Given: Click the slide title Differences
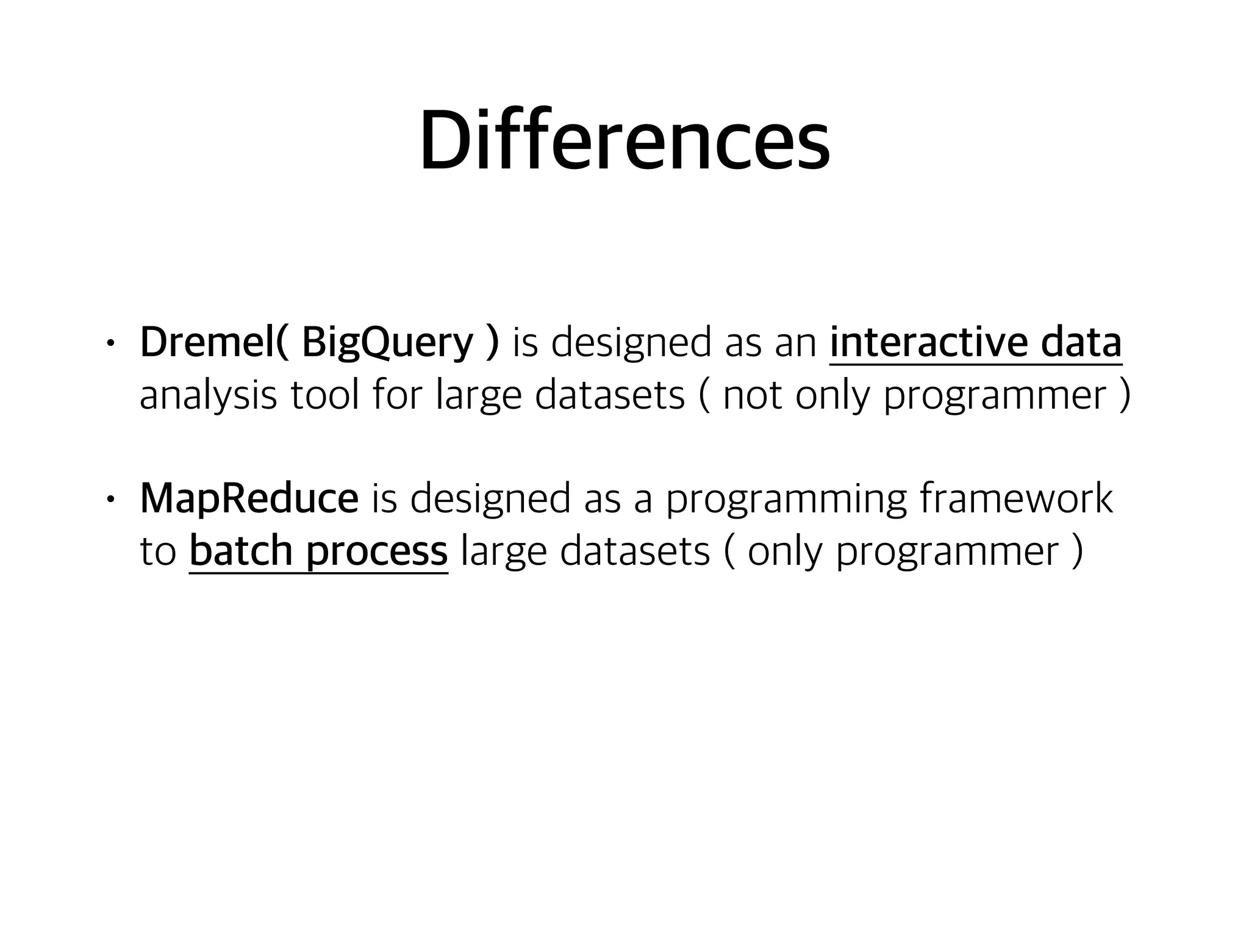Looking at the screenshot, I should pyautogui.click(x=624, y=142).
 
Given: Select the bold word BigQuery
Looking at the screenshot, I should pyautogui.click(x=387, y=343).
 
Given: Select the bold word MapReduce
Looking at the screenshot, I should pyautogui.click(x=249, y=499).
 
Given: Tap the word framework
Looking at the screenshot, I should pyautogui.click(x=1016, y=499).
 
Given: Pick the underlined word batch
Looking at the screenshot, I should pyautogui.click(x=242, y=551).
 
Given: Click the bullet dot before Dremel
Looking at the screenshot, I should pyautogui.click(x=110, y=343).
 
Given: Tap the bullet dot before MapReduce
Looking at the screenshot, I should pyautogui.click(x=110, y=500).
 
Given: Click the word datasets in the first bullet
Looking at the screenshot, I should pyautogui.click(x=610, y=395).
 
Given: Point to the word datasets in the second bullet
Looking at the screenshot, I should pyautogui.click(x=635, y=551).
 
